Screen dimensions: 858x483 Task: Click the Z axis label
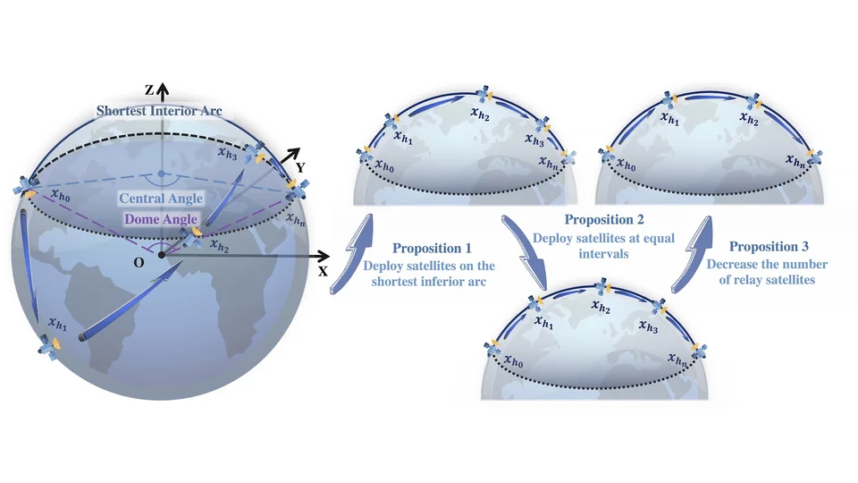point(149,89)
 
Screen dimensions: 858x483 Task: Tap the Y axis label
point(300,167)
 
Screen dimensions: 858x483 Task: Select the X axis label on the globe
point(323,271)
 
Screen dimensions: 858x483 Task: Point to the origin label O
point(139,263)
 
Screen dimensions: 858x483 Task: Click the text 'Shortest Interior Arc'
point(159,111)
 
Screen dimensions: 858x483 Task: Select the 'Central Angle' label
point(161,199)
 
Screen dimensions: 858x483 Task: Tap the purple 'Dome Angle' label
point(161,219)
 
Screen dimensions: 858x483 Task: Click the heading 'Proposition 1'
point(432,248)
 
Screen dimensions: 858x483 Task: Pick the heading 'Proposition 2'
point(604,220)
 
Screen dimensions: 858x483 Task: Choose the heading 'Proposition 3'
point(769,247)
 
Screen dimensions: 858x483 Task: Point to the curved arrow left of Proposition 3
point(692,255)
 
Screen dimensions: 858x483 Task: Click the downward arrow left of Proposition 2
point(525,253)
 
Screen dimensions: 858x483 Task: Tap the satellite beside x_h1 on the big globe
point(49,347)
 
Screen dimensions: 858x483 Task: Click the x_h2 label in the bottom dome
point(601,306)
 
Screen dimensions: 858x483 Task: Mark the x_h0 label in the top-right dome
point(626,165)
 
